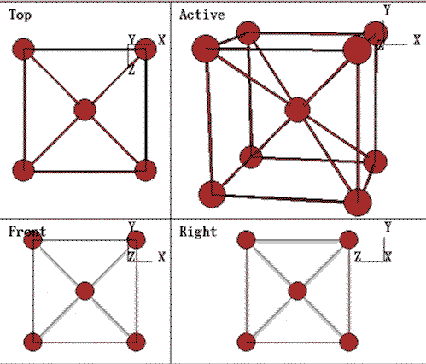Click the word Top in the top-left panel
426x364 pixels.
(20, 15)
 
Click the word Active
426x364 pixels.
(202, 15)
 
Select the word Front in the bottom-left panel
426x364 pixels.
(27, 232)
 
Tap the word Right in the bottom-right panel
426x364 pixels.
(198, 232)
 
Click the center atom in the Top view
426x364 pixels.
(85, 109)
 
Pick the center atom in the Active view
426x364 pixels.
(297, 109)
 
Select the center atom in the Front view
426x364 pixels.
(85, 291)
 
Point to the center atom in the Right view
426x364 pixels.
(297, 291)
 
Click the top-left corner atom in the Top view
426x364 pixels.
(24, 49)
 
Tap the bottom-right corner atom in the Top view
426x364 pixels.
(145, 170)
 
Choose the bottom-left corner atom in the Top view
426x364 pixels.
(24, 170)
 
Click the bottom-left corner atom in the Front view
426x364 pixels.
(33, 342)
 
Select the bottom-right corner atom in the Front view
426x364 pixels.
(136, 342)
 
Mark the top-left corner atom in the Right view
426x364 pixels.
(246, 239)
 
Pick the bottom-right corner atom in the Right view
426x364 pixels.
(349, 342)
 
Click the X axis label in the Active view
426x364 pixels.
(417, 40)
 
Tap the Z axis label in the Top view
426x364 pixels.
(131, 70)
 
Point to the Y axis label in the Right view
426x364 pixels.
(388, 227)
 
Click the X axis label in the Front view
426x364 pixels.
(161, 257)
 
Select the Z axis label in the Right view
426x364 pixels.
(358, 257)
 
